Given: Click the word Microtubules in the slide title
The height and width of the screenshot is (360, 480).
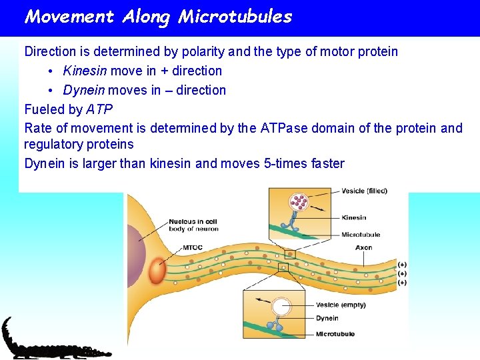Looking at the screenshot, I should click(235, 17).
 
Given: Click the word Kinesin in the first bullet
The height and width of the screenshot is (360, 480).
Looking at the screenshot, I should click(85, 71).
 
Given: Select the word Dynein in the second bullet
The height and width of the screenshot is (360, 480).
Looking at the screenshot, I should click(84, 90).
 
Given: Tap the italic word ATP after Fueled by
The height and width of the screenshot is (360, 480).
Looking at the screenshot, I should click(99, 109).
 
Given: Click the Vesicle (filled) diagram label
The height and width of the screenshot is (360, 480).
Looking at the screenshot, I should click(364, 191).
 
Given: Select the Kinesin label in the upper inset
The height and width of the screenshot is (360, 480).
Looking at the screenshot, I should click(353, 217).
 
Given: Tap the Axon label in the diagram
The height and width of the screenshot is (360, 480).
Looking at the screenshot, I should click(364, 247).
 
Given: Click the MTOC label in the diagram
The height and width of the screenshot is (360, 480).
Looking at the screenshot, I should click(193, 248).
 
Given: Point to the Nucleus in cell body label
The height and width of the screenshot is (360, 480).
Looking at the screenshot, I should click(193, 225).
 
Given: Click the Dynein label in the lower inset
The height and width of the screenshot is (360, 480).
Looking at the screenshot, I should click(327, 319).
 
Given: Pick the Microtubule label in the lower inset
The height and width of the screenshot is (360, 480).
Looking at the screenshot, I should click(335, 334).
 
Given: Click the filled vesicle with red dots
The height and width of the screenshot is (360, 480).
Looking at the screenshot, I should click(298, 201).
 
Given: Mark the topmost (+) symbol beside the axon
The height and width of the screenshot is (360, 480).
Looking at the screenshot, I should click(401, 265).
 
